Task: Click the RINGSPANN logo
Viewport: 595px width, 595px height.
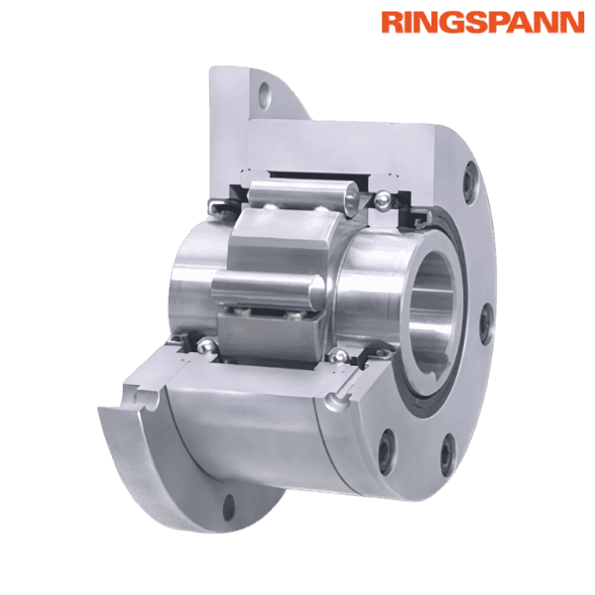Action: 482,22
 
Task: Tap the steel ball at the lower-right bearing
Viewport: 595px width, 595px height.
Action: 341,357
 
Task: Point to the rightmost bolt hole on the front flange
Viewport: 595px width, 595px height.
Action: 487,321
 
